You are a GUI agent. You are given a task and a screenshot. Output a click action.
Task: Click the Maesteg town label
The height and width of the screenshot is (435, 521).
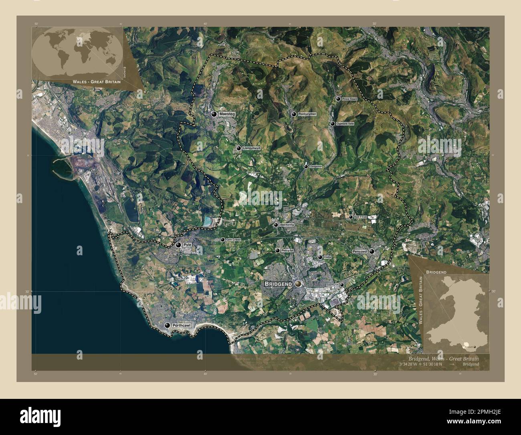tap(227, 114)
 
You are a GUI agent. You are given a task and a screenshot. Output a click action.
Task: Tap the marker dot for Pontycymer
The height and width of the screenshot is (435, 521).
tap(295, 114)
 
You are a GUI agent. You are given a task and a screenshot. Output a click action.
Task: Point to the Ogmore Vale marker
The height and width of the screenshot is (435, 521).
tap(333, 124)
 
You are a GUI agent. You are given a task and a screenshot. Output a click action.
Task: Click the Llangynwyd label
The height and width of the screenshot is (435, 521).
tap(252, 148)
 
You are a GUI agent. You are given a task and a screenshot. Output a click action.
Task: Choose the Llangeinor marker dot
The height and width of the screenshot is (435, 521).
tap(306, 166)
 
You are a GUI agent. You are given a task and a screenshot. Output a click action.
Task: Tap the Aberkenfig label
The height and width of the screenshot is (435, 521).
tap(287, 225)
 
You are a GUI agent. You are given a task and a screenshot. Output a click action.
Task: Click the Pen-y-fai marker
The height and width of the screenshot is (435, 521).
tap(277, 250)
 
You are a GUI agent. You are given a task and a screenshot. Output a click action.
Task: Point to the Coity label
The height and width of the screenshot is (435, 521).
tap(327, 257)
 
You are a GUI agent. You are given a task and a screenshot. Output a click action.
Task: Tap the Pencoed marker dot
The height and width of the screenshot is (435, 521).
tap(372, 252)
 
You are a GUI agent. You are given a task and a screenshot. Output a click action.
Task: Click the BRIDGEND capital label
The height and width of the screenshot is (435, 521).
tap(278, 284)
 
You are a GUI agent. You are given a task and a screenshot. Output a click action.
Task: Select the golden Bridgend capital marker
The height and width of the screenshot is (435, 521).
tap(298, 284)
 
